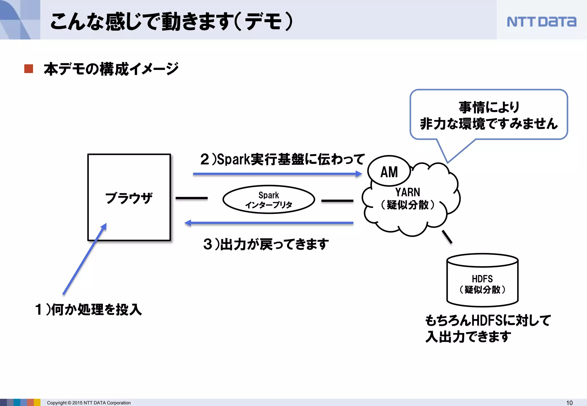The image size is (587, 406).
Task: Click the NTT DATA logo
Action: tap(541, 22)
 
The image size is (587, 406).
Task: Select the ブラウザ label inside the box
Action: tap(129, 198)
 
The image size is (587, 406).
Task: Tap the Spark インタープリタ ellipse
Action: tap(269, 200)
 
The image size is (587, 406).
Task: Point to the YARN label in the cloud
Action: tap(408, 192)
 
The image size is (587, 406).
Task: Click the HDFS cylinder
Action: tap(482, 281)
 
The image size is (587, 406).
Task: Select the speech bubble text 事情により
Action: tap(489, 107)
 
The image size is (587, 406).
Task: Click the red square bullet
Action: tap(29, 69)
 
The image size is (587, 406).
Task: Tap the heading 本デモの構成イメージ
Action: tap(111, 69)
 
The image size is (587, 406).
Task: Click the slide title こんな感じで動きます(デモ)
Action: tap(171, 22)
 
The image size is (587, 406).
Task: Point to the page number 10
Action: tap(569, 403)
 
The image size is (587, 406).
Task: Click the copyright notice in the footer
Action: tap(89, 403)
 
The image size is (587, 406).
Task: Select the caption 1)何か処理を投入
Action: tap(88, 310)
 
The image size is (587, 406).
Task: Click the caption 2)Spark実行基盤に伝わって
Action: tap(282, 159)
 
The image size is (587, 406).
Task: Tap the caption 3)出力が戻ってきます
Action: tap(266, 244)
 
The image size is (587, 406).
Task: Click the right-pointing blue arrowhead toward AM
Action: tap(359, 174)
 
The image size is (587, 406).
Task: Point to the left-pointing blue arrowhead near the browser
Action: tap(188, 223)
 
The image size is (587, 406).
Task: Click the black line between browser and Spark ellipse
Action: tap(191, 198)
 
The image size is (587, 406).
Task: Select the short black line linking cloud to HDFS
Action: tap(447, 237)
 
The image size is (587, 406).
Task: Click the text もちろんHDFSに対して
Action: tap(488, 320)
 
